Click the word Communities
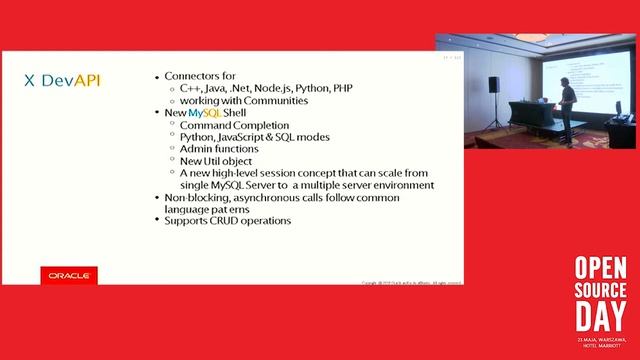271,100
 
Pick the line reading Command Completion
229,125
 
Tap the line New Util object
216,161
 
